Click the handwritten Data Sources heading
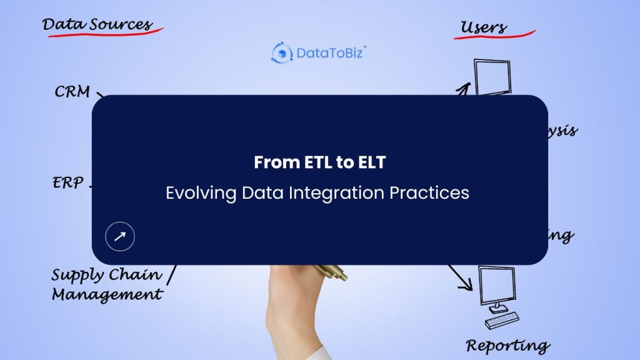click(97, 25)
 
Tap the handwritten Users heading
click(483, 27)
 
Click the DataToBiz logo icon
click(282, 52)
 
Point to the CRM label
click(72, 92)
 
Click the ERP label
click(67, 184)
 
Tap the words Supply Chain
click(106, 275)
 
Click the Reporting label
click(507, 345)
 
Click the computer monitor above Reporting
click(497, 284)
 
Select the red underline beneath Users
click(495, 36)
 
